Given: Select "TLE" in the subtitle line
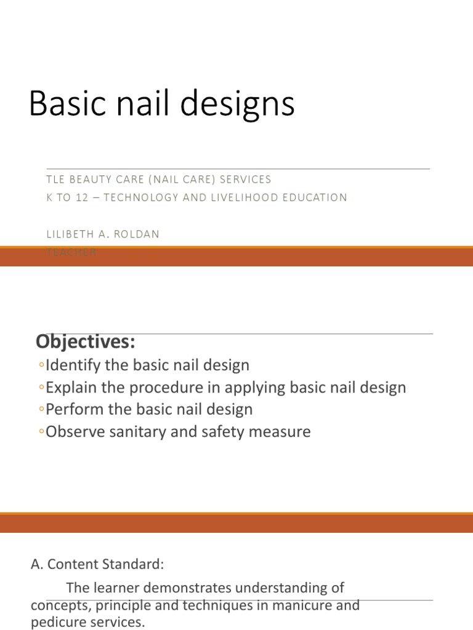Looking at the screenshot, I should tap(56, 180).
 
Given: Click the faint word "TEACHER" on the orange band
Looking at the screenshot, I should tap(71, 252).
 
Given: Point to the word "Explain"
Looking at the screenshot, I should tap(68, 388).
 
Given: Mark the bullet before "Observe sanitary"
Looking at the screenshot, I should tap(41, 432).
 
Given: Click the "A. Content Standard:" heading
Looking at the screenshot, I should tap(97, 565).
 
